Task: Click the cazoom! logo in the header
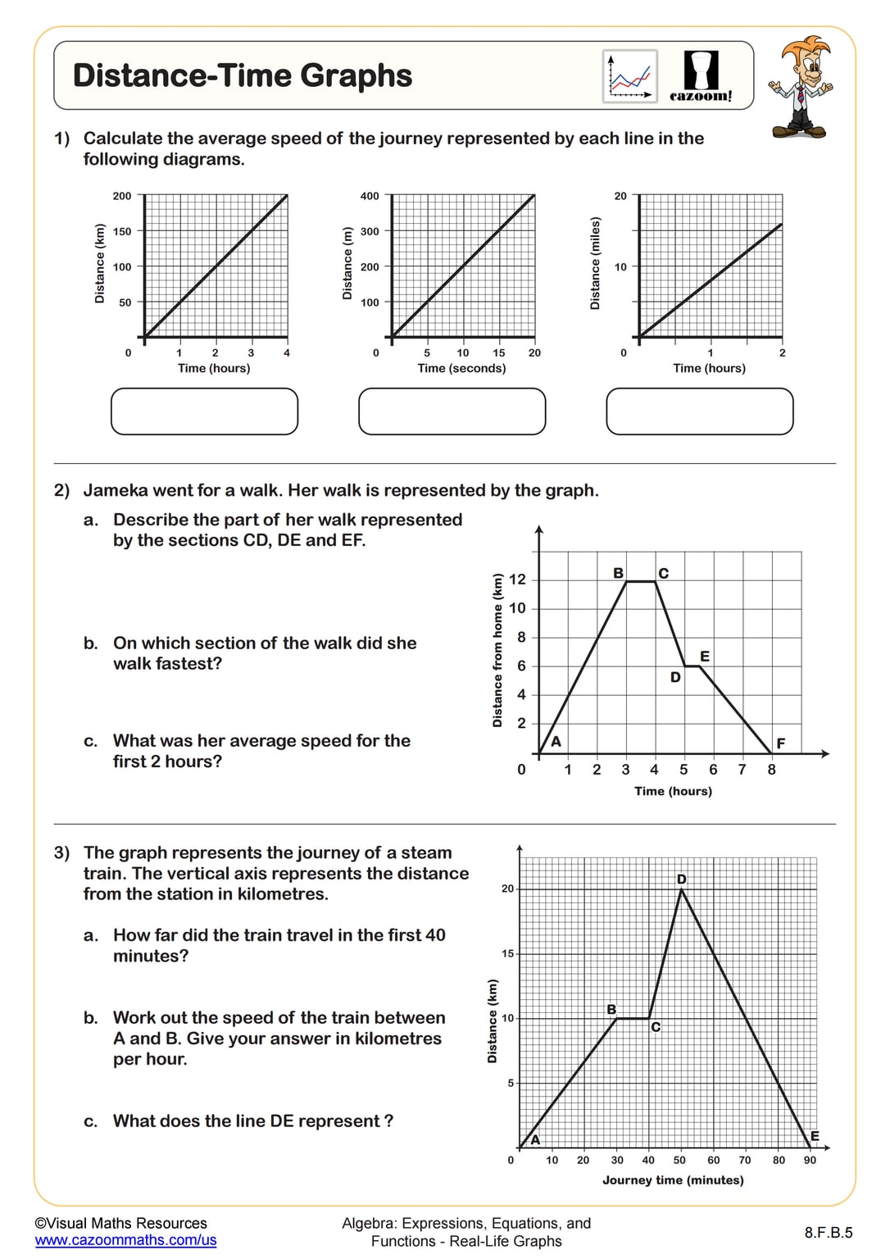(701, 76)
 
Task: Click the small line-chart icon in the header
(629, 76)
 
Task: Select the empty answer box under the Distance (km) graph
(204, 411)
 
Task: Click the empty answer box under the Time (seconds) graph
(452, 411)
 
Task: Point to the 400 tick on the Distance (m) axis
(370, 196)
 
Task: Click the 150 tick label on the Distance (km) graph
(122, 231)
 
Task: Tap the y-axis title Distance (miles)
(595, 263)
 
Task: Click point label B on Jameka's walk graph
(618, 573)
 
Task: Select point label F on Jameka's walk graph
(780, 743)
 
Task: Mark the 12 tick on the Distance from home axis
(517, 580)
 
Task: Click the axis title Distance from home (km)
(497, 650)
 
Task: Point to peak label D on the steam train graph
(681, 879)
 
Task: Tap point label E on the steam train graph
(815, 1136)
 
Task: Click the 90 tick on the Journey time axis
(810, 1160)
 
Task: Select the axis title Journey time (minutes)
(673, 1180)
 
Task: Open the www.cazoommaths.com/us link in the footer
(125, 1240)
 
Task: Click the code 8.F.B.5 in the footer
(828, 1232)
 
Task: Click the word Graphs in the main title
(356, 75)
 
